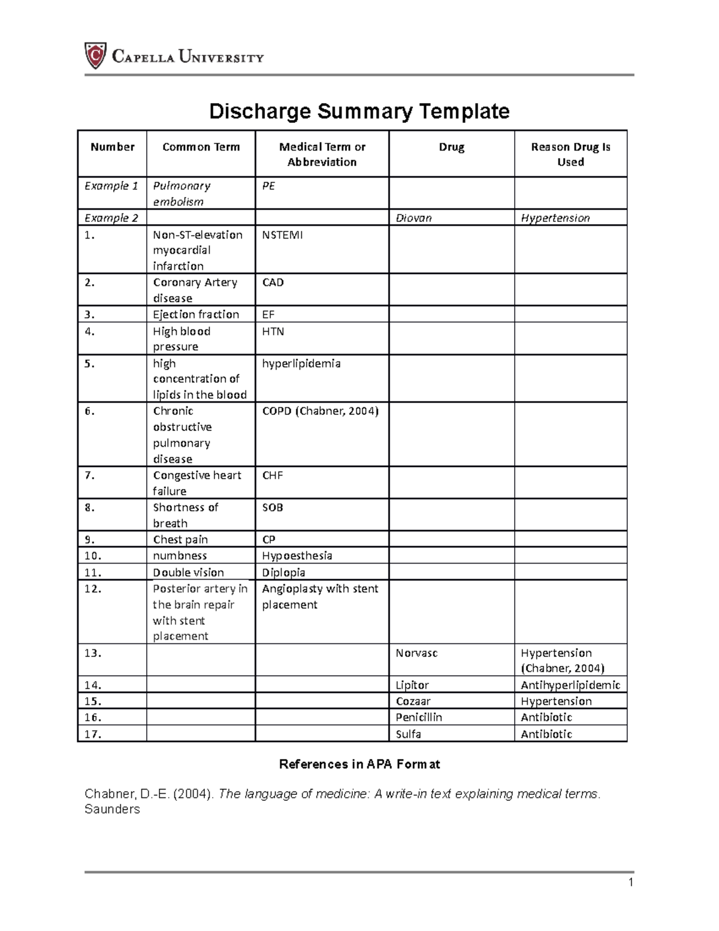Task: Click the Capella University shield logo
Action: (x=95, y=56)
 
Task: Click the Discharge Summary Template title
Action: (x=359, y=111)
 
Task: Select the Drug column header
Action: (x=451, y=147)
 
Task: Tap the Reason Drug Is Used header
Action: (x=570, y=154)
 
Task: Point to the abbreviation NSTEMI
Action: (x=282, y=235)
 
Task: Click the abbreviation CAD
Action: (x=273, y=282)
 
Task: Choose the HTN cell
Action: (x=273, y=332)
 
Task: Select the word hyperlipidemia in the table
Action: (x=301, y=363)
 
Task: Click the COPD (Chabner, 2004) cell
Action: (x=320, y=411)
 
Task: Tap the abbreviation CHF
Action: (x=272, y=475)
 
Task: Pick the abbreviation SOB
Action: (x=272, y=508)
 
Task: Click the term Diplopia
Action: (x=283, y=573)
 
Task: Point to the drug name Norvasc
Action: (x=416, y=653)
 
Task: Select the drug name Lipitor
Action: (x=412, y=685)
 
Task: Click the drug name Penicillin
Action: (x=418, y=718)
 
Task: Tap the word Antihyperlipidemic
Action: (x=570, y=685)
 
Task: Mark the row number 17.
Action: (x=93, y=734)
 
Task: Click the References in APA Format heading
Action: (x=359, y=764)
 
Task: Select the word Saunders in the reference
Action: (x=112, y=809)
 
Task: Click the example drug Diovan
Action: (x=413, y=218)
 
